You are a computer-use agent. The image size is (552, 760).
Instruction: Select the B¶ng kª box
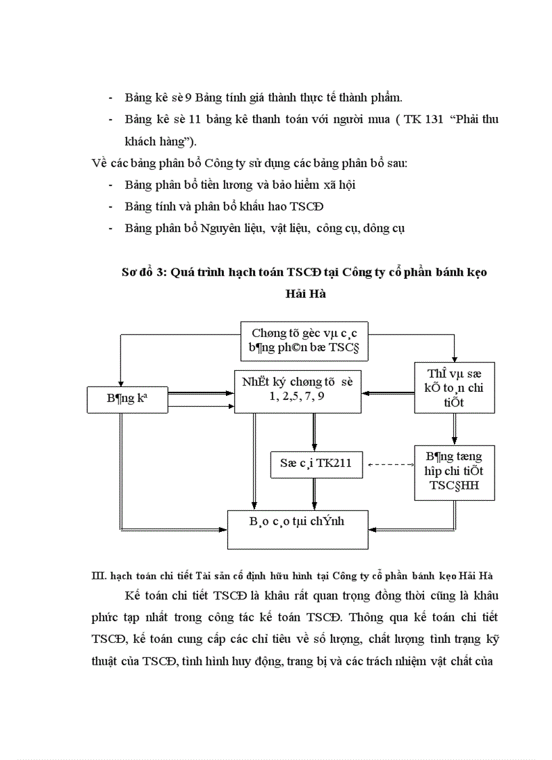click(127, 399)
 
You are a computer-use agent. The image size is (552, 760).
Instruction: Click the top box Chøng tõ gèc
click(304, 340)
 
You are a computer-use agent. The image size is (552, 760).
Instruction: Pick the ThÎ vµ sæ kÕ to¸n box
click(455, 387)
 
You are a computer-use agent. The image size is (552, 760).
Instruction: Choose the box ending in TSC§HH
click(455, 472)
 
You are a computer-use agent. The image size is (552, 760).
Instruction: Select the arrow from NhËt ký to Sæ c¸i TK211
click(315, 430)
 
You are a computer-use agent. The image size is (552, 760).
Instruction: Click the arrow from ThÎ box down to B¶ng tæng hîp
click(455, 428)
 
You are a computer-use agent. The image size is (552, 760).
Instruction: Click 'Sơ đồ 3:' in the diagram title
click(144, 272)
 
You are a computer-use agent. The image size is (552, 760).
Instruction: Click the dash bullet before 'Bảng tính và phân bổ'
click(111, 206)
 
